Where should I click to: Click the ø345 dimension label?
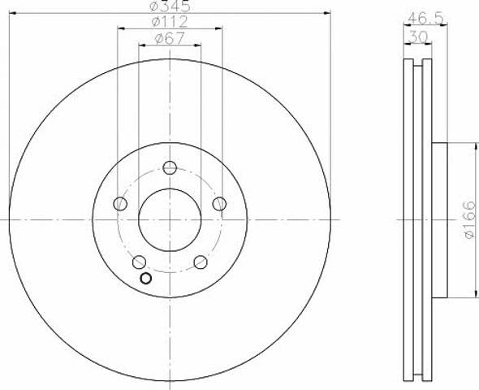click(x=170, y=6)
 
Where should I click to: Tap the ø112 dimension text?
click(x=170, y=22)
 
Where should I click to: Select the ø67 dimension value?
click(x=170, y=38)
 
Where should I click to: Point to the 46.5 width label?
click(x=425, y=19)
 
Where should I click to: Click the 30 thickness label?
click(x=418, y=37)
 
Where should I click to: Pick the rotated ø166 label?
click(x=470, y=219)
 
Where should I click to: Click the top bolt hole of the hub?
click(x=170, y=167)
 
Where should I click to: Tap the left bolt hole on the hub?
click(x=120, y=203)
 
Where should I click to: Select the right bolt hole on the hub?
click(x=219, y=204)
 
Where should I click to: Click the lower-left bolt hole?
click(x=140, y=262)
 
